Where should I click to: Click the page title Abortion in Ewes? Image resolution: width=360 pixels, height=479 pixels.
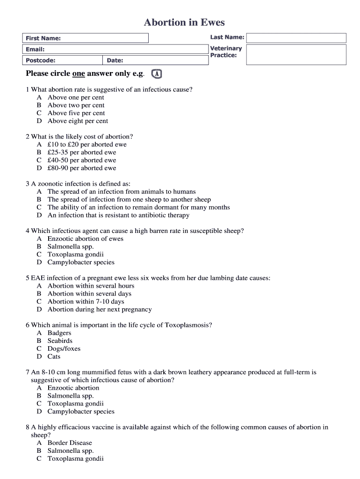(184, 22)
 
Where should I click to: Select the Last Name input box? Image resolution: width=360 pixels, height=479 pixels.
(296, 38)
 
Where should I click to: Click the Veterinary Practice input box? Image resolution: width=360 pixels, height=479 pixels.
(296, 54)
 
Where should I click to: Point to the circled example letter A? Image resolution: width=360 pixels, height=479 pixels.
(158, 74)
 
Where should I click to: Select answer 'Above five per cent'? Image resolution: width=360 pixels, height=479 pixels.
(76, 113)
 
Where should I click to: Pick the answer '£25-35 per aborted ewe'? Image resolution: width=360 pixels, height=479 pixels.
(81, 152)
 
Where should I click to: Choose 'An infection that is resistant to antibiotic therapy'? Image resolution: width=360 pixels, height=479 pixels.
(118, 215)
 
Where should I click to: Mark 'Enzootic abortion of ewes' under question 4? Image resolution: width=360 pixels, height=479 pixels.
(85, 239)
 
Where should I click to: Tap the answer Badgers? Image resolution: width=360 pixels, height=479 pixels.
(59, 333)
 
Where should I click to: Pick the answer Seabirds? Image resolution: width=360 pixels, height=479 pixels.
(60, 341)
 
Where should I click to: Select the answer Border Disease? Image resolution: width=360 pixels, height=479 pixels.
(70, 443)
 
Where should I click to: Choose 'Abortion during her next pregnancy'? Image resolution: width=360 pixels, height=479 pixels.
(99, 309)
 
